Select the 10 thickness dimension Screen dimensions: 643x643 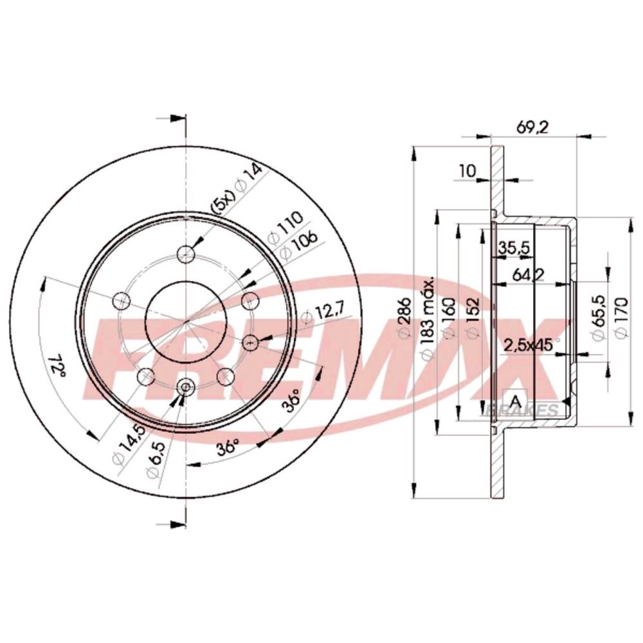pyautogui.click(x=467, y=170)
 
